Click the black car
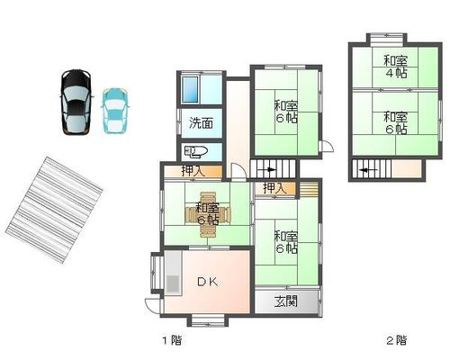tap(76, 102)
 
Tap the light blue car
tap(115, 111)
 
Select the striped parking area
tap(54, 210)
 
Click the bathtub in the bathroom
tap(190, 89)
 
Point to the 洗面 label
tap(202, 123)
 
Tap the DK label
tap(208, 282)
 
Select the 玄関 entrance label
tap(286, 301)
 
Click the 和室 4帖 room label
tap(396, 67)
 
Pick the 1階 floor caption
tap(172, 340)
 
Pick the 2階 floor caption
tap(396, 340)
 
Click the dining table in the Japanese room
tap(207, 214)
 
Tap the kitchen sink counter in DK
tap(173, 274)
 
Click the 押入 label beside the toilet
tap(193, 171)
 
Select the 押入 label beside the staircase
tap(275, 188)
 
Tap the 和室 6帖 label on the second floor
tap(396, 122)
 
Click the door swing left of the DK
tap(153, 306)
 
